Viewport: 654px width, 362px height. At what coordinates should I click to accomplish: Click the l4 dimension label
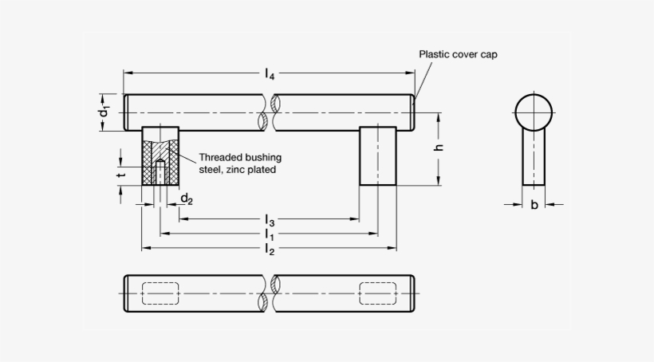[x=270, y=74]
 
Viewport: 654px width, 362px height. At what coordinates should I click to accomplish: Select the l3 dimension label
[x=270, y=220]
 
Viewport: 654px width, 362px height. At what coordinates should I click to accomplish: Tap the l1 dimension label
[x=270, y=234]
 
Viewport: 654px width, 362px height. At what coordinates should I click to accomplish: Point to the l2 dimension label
[x=270, y=250]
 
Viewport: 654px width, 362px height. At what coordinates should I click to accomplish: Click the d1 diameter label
[x=104, y=112]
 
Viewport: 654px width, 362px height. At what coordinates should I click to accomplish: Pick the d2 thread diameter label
[x=187, y=199]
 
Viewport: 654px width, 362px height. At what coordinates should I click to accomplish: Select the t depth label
[x=121, y=175]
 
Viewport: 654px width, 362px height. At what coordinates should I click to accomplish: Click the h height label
[x=438, y=148]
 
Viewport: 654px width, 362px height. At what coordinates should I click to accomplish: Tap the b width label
[x=534, y=204]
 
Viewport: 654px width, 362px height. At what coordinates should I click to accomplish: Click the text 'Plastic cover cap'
[x=458, y=54]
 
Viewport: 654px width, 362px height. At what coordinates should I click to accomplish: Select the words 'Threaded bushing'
[x=240, y=157]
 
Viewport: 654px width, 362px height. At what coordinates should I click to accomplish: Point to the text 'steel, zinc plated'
[x=238, y=169]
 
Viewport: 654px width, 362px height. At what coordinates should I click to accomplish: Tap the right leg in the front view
[x=378, y=156]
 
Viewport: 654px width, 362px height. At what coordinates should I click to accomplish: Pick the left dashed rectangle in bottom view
[x=160, y=293]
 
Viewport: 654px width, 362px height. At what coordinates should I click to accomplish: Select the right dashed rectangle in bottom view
[x=378, y=293]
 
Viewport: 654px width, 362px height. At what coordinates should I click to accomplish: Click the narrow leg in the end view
[x=534, y=157]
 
